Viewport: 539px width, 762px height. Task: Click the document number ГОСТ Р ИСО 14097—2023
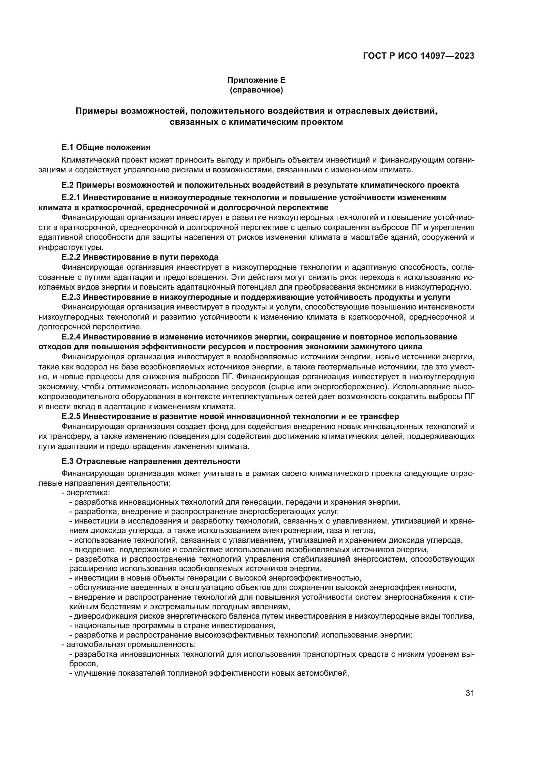coord(418,56)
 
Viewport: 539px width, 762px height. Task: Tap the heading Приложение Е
coord(256,80)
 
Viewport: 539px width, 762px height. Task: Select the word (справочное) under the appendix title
coord(256,90)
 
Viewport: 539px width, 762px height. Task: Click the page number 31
coord(470,693)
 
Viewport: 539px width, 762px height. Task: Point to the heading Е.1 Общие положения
coord(106,147)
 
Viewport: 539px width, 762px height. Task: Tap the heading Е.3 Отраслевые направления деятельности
coord(151,461)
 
